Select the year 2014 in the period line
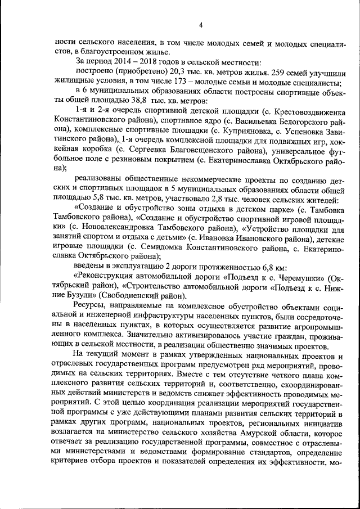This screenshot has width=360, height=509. pyautogui.click(x=116, y=60)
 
